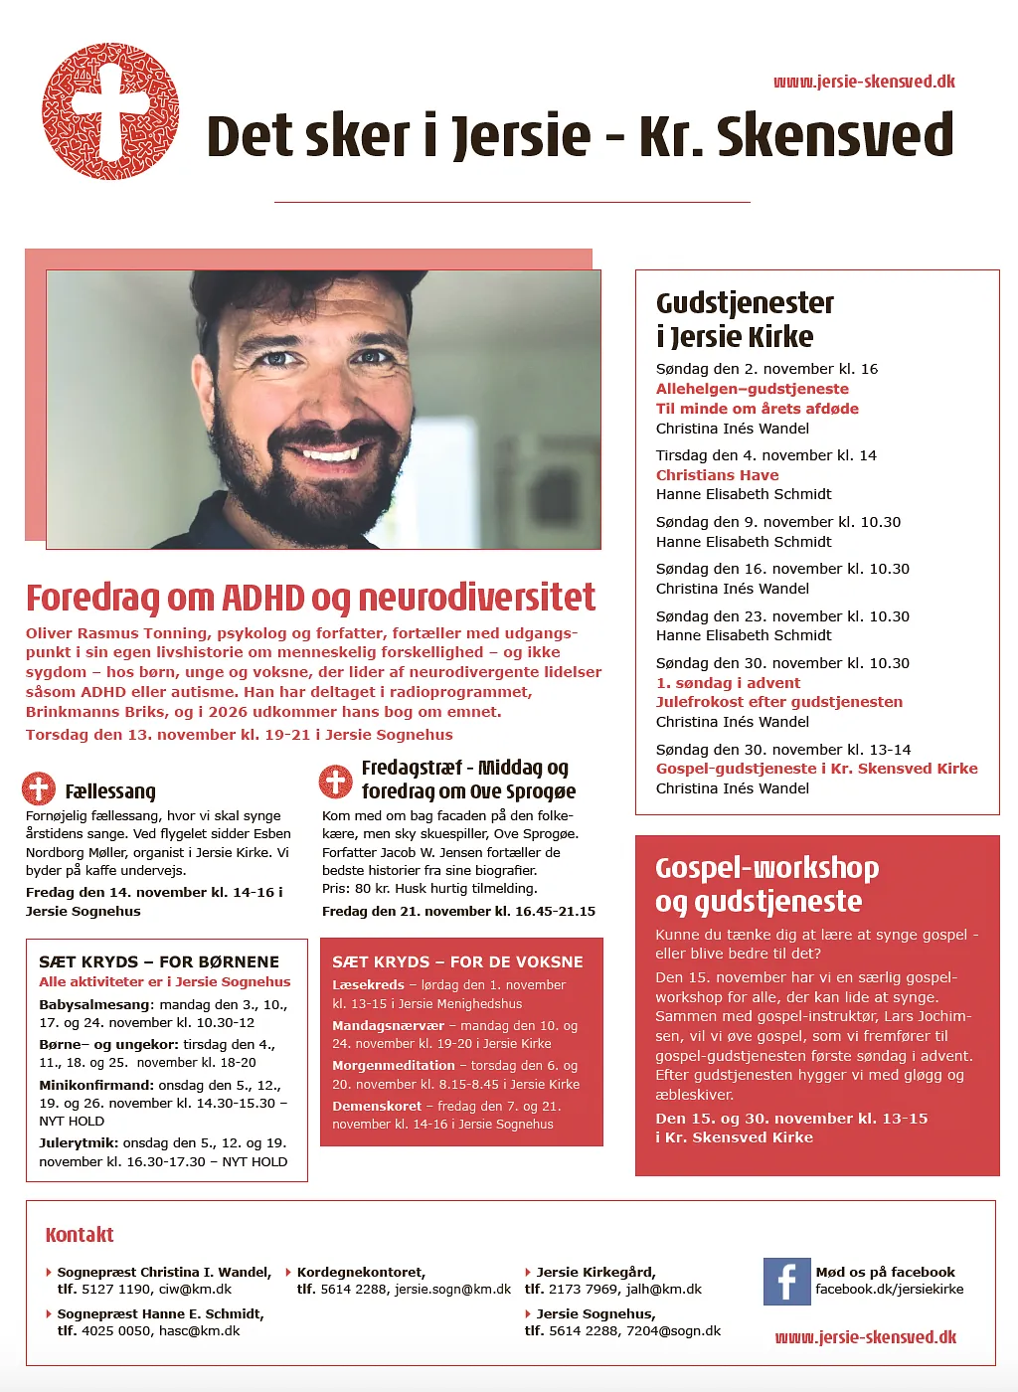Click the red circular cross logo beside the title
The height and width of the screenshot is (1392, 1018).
pos(110,111)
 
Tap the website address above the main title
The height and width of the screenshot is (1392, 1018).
pos(864,82)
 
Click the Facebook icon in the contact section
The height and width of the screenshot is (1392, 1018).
pos(786,1281)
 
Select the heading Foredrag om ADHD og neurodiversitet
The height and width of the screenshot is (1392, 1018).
pos(310,598)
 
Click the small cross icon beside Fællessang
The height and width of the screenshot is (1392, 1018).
pos(39,789)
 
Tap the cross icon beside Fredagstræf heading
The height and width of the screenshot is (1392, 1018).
pos(335,781)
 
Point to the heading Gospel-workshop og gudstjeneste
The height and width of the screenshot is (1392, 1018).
pos(766,884)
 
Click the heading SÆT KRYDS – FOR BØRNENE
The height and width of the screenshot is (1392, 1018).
pos(159,961)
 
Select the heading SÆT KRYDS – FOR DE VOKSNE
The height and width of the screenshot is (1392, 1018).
pos(457,961)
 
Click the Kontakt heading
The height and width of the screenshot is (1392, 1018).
pos(80,1235)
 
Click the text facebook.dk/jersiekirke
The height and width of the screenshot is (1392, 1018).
pos(890,1290)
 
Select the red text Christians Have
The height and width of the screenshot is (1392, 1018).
pos(717,475)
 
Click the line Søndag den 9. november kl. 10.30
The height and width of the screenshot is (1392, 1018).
pos(778,522)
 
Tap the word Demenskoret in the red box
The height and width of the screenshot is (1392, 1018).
pos(377,1106)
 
